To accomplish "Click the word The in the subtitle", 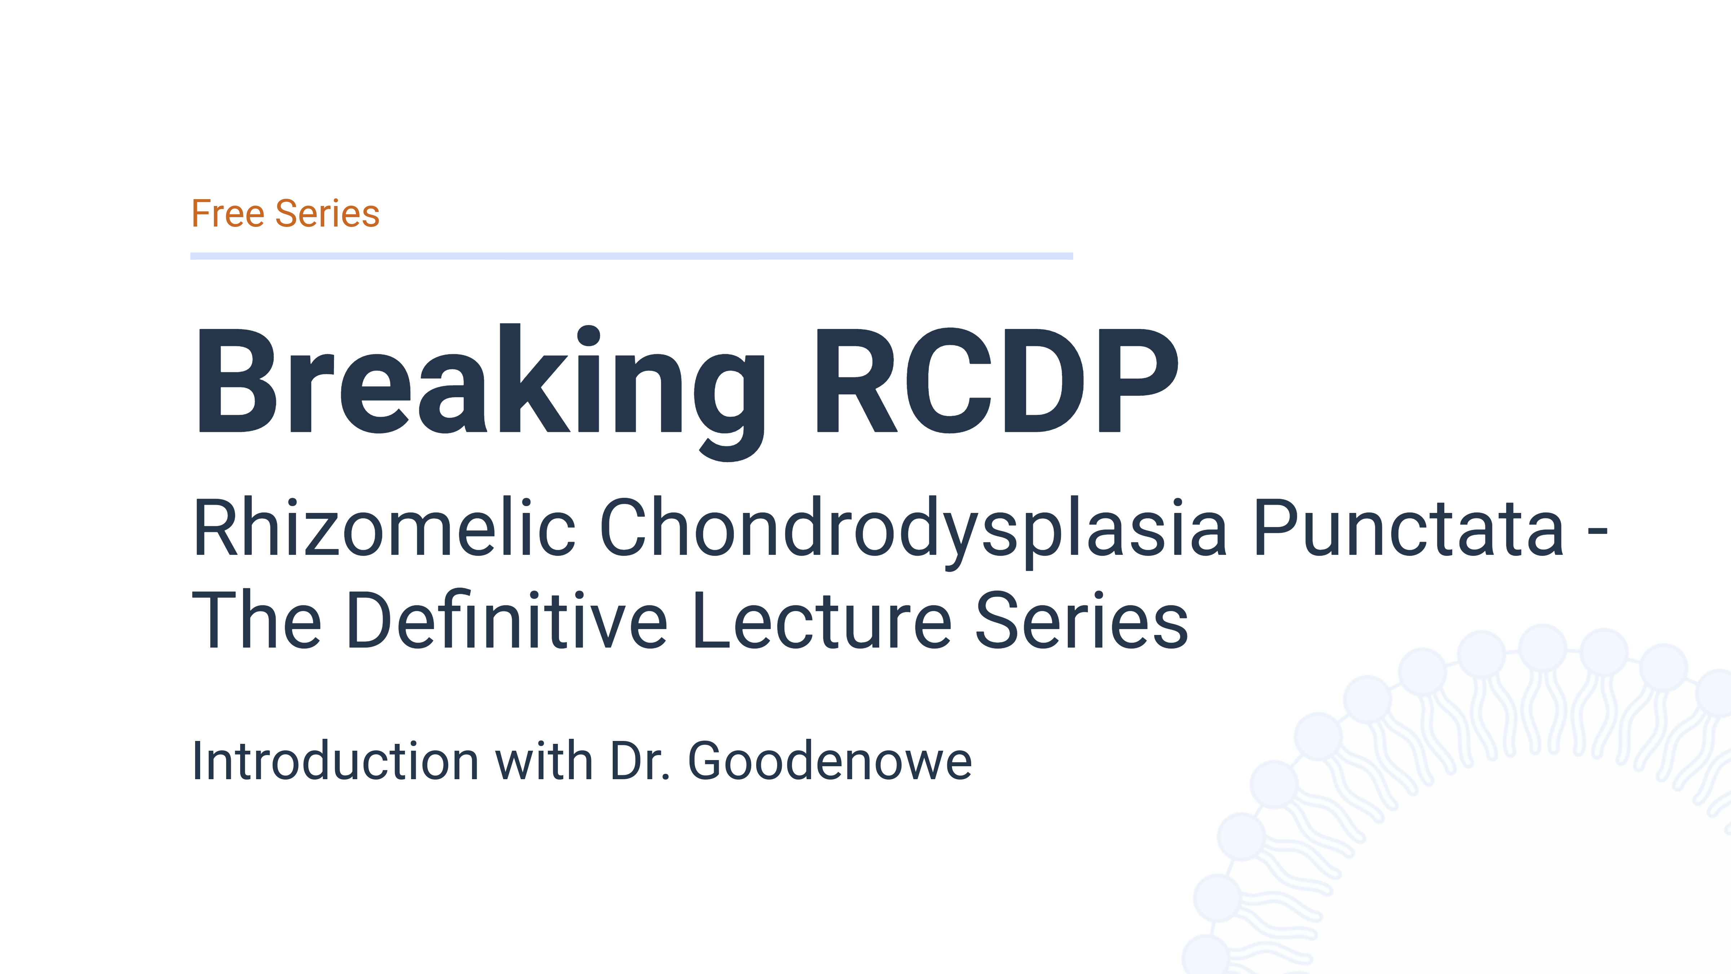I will (257, 620).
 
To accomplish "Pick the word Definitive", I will (507, 620).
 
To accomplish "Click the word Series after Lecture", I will (1082, 620).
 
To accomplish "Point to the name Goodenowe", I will (830, 762).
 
